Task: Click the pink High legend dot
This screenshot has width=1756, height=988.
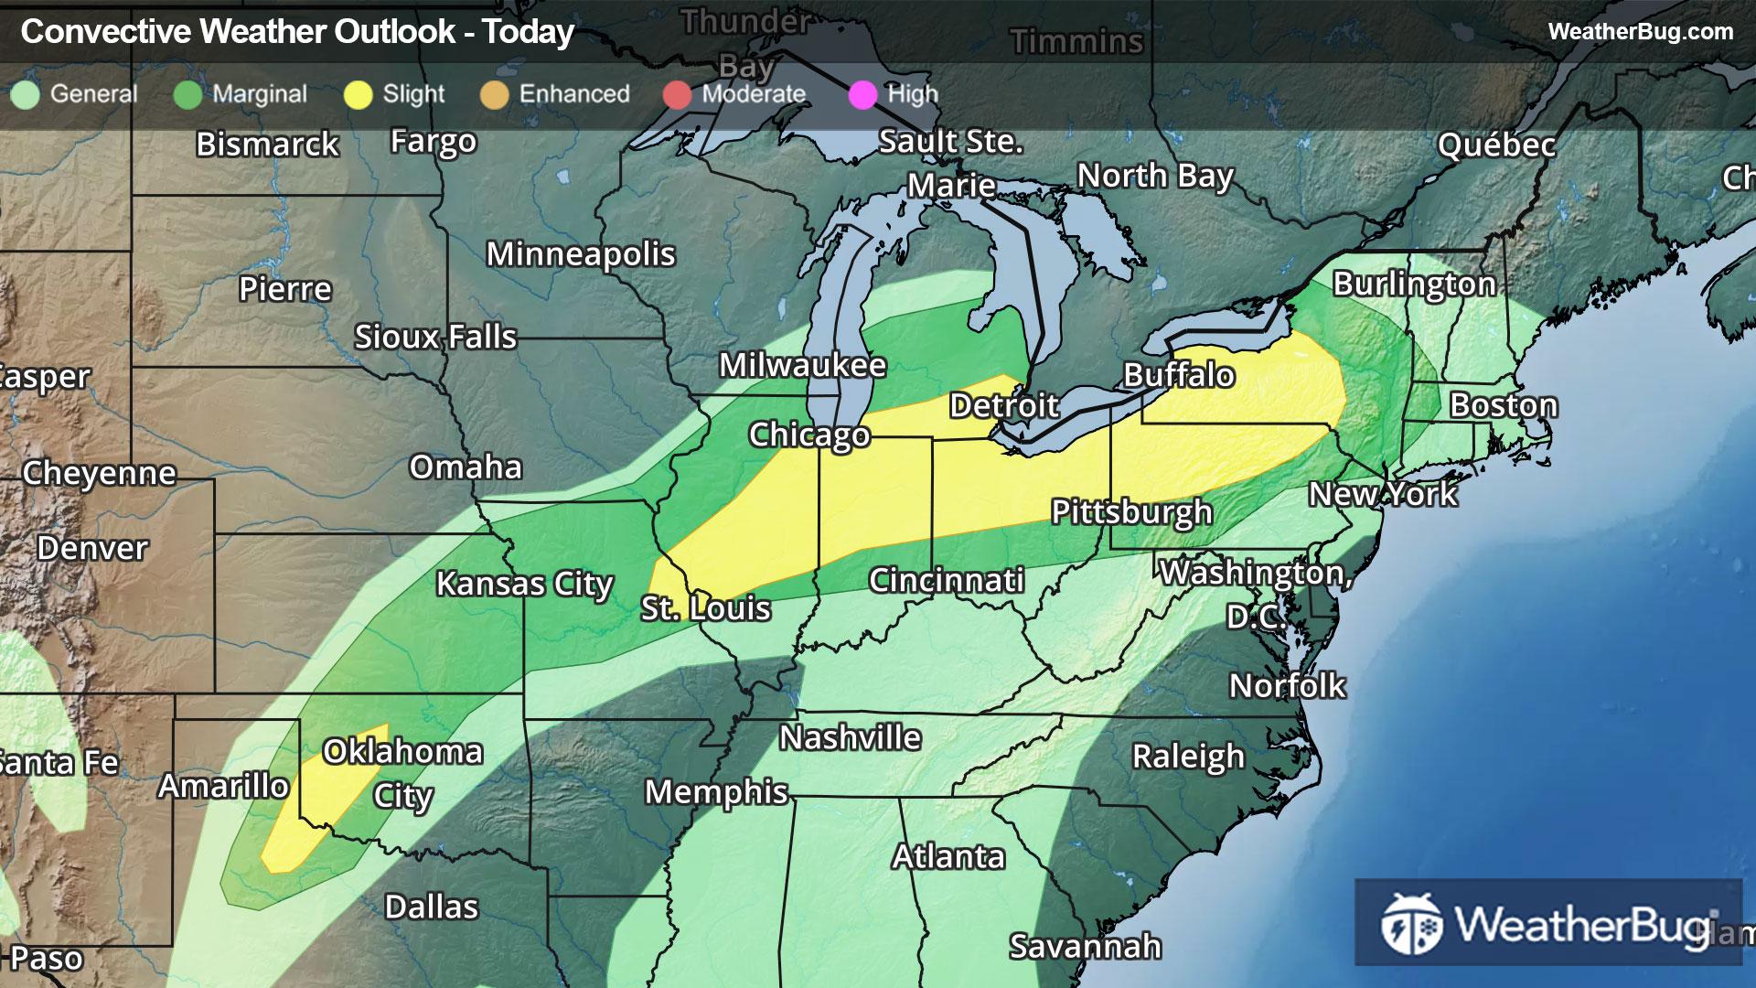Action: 862,94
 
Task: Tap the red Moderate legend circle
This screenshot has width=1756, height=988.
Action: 677,94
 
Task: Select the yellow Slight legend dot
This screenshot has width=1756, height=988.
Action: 359,94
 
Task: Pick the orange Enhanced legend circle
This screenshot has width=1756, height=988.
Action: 495,94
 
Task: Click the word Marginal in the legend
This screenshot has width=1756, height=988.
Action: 260,94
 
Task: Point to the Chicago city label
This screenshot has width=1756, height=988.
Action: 808,435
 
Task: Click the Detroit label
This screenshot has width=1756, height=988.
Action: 1003,405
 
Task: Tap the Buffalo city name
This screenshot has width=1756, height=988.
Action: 1179,375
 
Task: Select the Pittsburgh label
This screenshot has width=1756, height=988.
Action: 1131,512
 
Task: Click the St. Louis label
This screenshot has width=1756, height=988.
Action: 705,608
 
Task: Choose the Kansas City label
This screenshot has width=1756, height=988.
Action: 524,584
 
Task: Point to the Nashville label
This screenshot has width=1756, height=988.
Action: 850,737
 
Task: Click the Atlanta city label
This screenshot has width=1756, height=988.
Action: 948,857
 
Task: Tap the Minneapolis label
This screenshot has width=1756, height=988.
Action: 581,254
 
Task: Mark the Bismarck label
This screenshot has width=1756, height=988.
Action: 267,145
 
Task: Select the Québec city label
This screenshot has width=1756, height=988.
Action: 1496,145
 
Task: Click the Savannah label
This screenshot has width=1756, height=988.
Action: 1085,947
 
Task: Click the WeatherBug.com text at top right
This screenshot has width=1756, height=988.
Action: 1640,32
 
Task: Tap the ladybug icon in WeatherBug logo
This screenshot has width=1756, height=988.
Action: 1411,924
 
